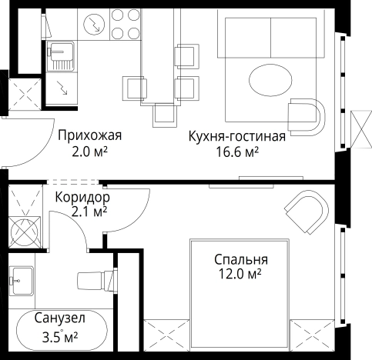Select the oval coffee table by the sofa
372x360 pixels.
(272, 79)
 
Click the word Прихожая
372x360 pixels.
(89, 136)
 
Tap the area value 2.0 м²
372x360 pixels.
(90, 151)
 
